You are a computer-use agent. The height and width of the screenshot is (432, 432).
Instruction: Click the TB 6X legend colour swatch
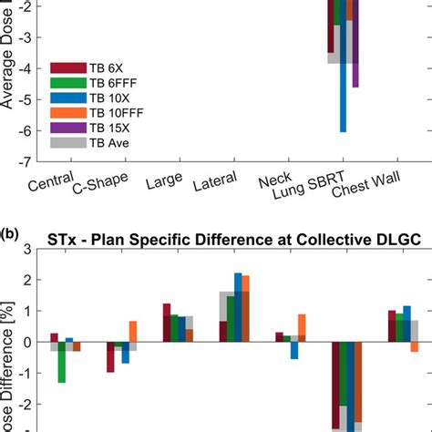[x=66, y=67]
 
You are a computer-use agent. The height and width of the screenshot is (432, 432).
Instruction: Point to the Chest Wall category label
[x=365, y=190]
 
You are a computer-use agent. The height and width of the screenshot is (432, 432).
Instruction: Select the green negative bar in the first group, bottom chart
[x=61, y=363]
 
